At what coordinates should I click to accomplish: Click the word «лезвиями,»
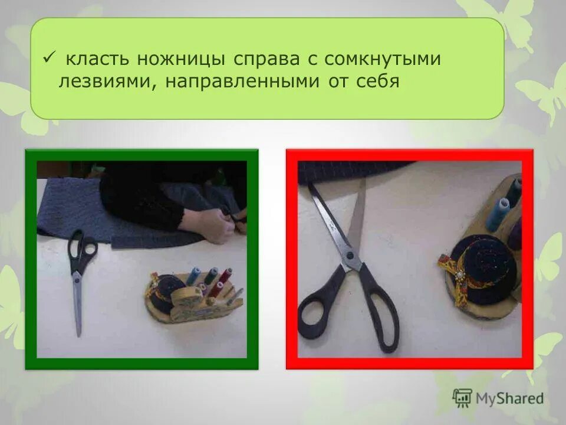(x=107, y=81)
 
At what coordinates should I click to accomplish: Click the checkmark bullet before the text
(x=50, y=58)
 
